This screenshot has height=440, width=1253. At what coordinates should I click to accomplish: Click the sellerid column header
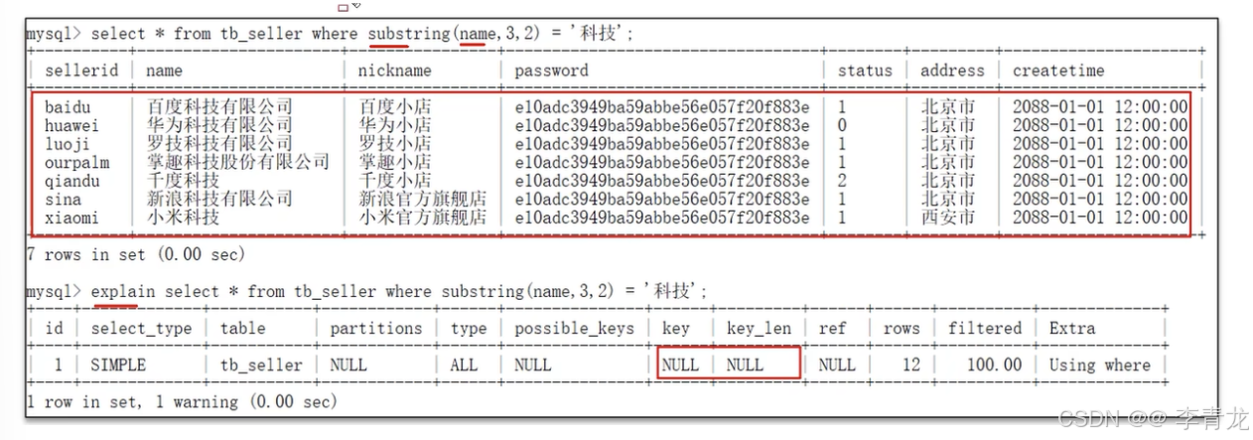click(x=81, y=71)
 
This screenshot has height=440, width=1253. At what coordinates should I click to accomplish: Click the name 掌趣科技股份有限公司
click(x=238, y=162)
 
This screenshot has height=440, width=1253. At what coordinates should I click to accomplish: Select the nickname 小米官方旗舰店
click(x=423, y=218)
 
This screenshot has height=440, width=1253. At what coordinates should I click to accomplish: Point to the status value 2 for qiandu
click(x=842, y=181)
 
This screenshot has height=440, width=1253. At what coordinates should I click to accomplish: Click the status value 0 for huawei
click(x=842, y=125)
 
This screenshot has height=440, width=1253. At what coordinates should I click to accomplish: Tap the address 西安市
click(x=947, y=218)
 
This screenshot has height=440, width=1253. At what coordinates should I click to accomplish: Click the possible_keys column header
click(x=574, y=329)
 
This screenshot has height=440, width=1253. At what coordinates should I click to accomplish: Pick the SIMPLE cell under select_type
click(x=118, y=366)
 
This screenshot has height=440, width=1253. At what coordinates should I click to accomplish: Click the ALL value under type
click(x=464, y=366)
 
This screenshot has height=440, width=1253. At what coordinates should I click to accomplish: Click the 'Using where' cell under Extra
click(x=1099, y=366)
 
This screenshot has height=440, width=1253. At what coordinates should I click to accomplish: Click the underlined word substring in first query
click(x=408, y=34)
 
